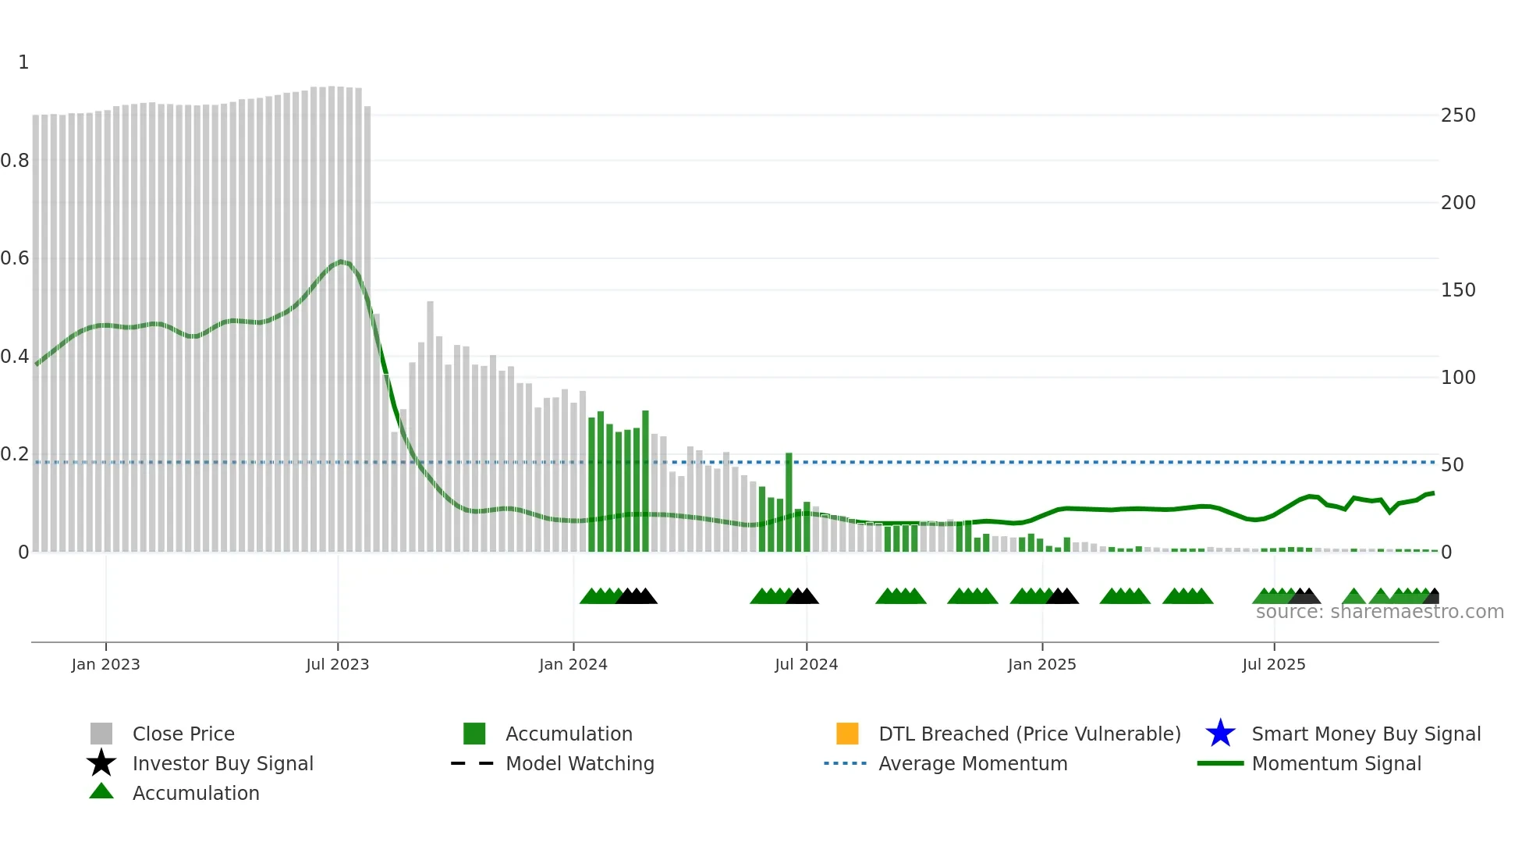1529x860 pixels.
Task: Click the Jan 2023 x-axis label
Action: click(x=105, y=664)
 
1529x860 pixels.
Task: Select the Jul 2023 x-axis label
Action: click(x=337, y=664)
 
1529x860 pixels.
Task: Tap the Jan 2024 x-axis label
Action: click(x=573, y=664)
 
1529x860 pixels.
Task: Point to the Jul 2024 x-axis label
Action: click(x=806, y=664)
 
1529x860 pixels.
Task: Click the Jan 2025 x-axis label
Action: click(x=1041, y=664)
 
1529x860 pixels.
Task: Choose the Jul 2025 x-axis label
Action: click(x=1273, y=664)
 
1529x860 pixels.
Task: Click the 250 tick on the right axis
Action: click(x=1458, y=115)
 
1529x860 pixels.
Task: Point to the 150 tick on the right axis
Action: click(x=1458, y=290)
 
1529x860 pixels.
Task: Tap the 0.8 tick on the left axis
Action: click(x=15, y=161)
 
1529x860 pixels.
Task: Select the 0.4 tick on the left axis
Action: click(x=15, y=357)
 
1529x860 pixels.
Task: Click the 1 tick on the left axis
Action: click(x=23, y=62)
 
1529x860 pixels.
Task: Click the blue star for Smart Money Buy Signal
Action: click(x=1220, y=734)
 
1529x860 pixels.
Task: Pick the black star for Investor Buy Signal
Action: click(x=101, y=763)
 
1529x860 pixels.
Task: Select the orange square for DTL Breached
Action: click(x=847, y=734)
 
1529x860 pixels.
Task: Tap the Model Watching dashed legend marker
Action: click(x=473, y=763)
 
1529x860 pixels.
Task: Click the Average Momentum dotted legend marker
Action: click(x=845, y=763)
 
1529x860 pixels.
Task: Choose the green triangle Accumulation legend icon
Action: click(x=101, y=791)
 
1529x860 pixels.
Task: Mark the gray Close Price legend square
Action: click(x=101, y=734)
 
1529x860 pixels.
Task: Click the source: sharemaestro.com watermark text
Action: click(x=1379, y=612)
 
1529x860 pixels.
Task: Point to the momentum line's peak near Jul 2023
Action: click(x=341, y=261)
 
